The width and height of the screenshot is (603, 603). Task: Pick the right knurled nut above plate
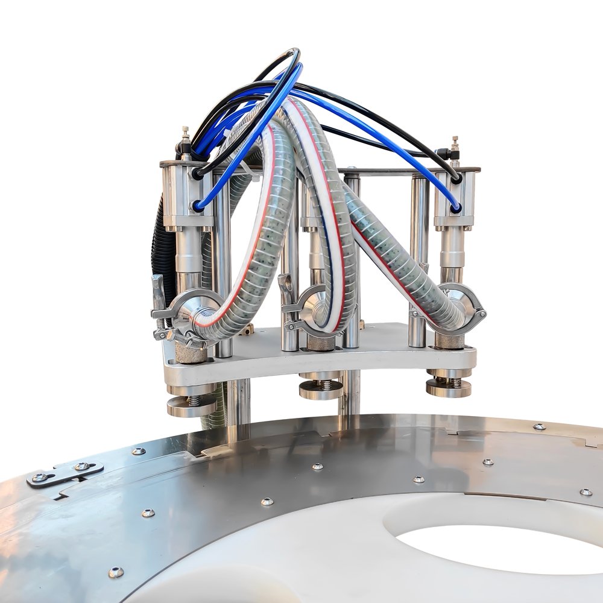(x=449, y=341)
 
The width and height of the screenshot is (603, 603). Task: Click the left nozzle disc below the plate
(x=191, y=406)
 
